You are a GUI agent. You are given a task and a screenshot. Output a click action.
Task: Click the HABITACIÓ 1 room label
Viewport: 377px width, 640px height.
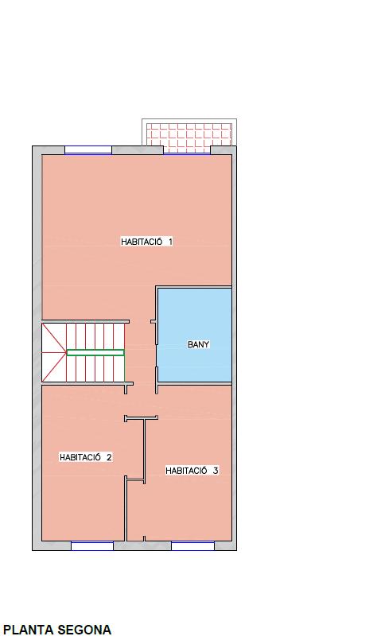[x=146, y=241]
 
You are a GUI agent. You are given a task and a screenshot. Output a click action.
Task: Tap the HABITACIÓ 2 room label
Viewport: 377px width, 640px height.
[x=86, y=457]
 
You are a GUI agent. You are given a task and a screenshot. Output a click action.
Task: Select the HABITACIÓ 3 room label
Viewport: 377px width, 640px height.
[x=192, y=471]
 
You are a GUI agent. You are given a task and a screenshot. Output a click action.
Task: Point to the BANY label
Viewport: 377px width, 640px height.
[x=199, y=344]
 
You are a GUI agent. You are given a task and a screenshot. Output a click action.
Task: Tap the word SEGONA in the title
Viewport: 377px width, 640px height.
[x=84, y=630]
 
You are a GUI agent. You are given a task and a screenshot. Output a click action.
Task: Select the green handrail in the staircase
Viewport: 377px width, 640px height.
[x=95, y=353]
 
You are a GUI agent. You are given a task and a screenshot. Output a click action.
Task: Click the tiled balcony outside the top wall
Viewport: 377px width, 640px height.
[x=189, y=134]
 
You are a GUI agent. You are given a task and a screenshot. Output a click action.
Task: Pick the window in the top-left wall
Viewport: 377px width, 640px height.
[x=88, y=150]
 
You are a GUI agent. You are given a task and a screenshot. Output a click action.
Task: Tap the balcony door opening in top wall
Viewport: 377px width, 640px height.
[x=187, y=150]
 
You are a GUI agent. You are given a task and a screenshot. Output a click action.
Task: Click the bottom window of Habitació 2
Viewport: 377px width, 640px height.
[x=92, y=545]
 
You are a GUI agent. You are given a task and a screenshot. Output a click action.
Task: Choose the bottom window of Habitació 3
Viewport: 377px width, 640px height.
[x=192, y=545]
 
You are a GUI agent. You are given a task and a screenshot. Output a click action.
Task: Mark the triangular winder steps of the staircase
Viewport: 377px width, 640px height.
[x=53, y=353]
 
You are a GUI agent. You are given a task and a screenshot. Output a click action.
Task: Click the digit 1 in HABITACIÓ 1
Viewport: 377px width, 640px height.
[x=170, y=242]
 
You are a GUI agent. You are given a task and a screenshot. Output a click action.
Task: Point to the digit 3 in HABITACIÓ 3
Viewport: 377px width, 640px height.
[x=216, y=471]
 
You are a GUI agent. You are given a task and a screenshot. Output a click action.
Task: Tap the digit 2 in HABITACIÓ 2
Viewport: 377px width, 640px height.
[x=109, y=458]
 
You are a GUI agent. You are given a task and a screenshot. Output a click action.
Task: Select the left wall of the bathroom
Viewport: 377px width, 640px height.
[x=157, y=335]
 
